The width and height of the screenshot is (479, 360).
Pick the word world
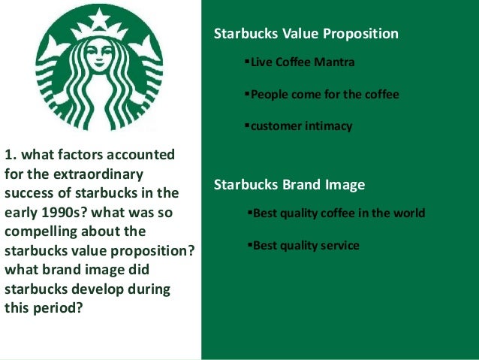click(x=408, y=213)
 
